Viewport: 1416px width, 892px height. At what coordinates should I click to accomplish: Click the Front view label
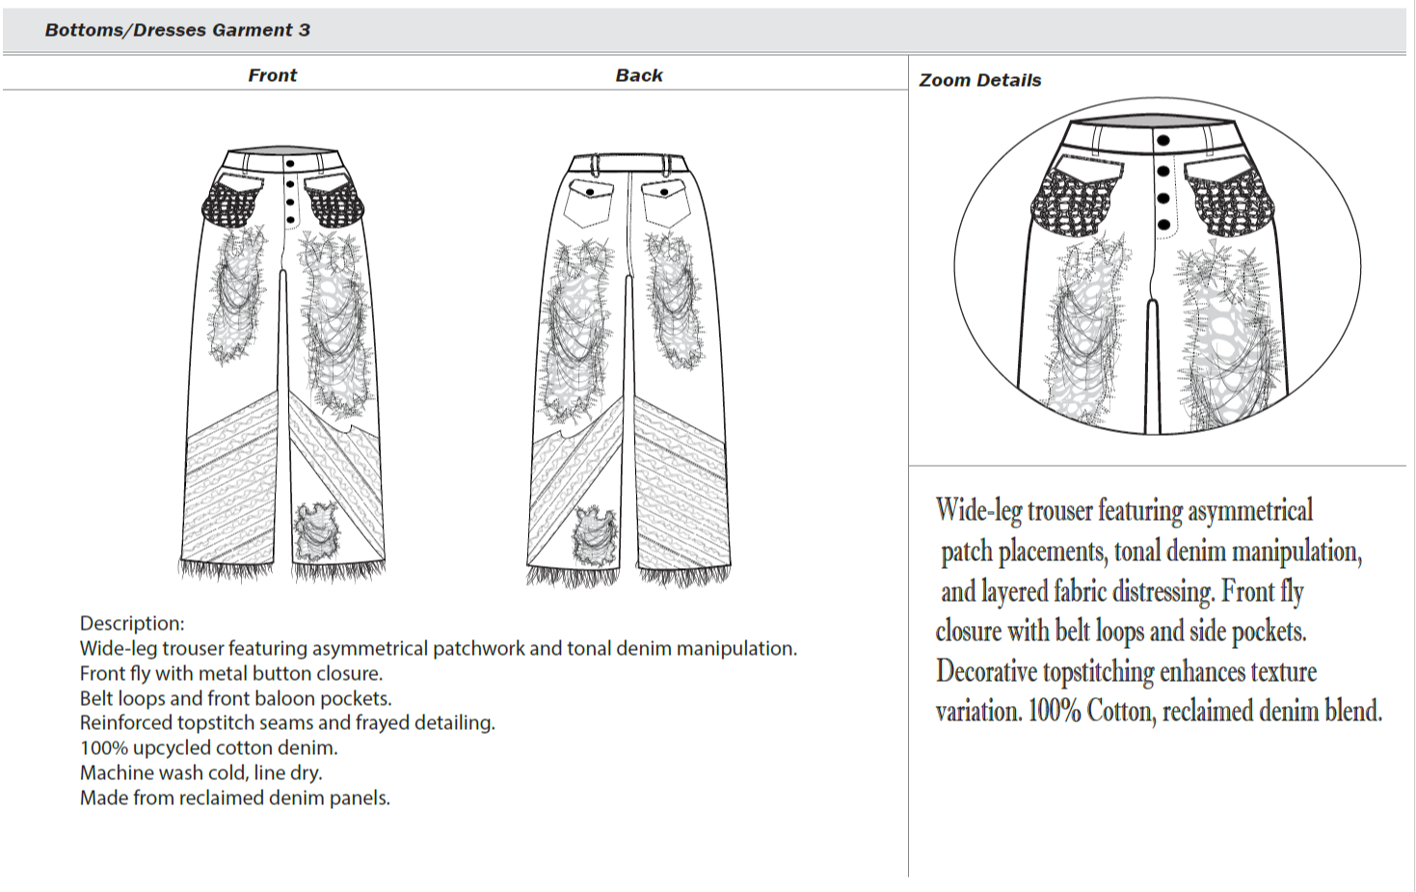tap(272, 75)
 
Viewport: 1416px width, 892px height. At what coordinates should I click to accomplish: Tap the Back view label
tap(639, 75)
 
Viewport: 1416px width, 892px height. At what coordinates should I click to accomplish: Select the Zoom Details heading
tap(980, 80)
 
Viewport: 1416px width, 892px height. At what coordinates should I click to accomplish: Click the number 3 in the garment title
tap(305, 30)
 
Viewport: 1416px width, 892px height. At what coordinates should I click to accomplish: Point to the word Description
tap(131, 623)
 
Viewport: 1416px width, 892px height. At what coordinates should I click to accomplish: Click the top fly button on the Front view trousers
tap(290, 164)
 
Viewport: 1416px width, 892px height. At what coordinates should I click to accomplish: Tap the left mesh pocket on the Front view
tap(231, 203)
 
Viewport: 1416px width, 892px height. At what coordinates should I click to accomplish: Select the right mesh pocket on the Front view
tap(334, 201)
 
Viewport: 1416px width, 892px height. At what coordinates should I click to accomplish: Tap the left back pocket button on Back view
tap(590, 192)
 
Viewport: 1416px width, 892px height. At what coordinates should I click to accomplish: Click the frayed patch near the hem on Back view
tap(596, 536)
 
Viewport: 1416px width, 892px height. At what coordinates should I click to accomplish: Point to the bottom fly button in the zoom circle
tap(1163, 225)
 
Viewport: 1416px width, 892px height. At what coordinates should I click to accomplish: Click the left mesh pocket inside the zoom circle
tap(1078, 201)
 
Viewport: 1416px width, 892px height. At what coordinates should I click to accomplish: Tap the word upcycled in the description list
tap(178, 747)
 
